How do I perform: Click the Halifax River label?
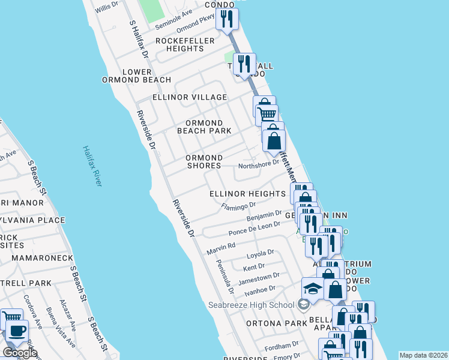[92, 166]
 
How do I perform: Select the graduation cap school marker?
[312, 290]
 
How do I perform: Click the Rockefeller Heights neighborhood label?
[180, 44]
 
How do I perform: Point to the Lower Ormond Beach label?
[136, 76]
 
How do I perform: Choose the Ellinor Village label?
[190, 97]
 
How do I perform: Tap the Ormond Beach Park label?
[205, 127]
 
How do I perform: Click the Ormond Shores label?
[204, 161]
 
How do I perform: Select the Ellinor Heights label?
[247, 194]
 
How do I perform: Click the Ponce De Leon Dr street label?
[255, 229]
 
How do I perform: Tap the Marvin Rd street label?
[221, 247]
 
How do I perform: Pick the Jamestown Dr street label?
[259, 278]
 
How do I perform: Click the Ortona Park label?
[277, 323]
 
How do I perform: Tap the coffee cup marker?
[17, 329]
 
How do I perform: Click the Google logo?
[20, 353]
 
